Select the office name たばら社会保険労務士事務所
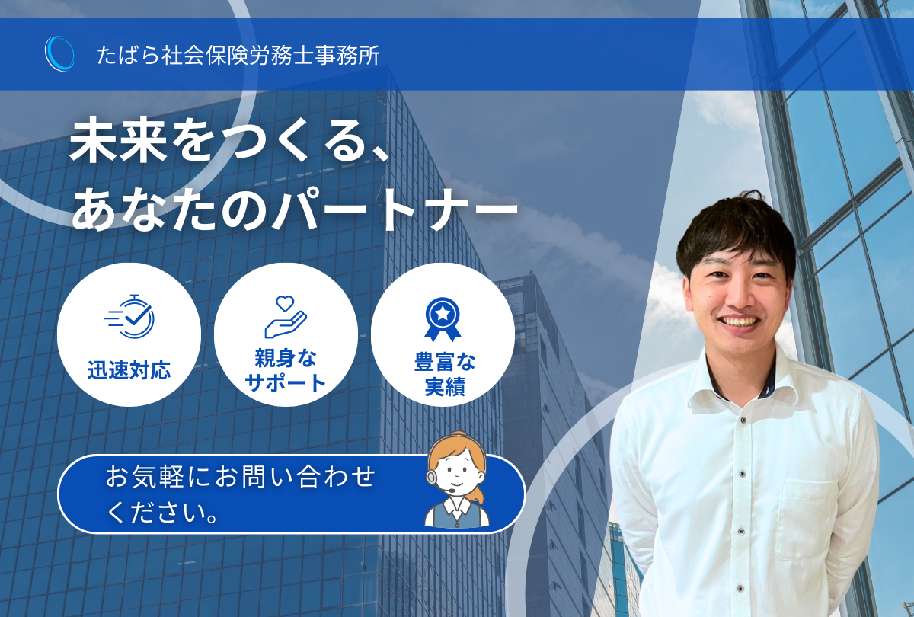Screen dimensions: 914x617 click(x=238, y=55)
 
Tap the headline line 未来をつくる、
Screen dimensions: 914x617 click(x=229, y=140)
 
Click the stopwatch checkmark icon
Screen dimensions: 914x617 click(x=129, y=316)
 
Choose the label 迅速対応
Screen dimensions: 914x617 click(x=129, y=370)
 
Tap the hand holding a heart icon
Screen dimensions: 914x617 click(x=285, y=317)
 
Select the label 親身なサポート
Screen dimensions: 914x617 click(x=285, y=370)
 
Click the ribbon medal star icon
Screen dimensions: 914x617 click(x=443, y=319)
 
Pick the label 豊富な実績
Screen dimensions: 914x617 click(x=445, y=374)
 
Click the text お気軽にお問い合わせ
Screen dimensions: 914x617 click(x=241, y=476)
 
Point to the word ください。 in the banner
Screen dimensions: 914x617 click(x=162, y=512)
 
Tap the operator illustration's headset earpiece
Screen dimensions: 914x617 click(x=431, y=477)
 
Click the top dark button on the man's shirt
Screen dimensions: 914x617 click(x=743, y=420)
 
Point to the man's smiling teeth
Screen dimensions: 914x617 click(x=740, y=322)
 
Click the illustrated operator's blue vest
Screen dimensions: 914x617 click(x=457, y=516)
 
